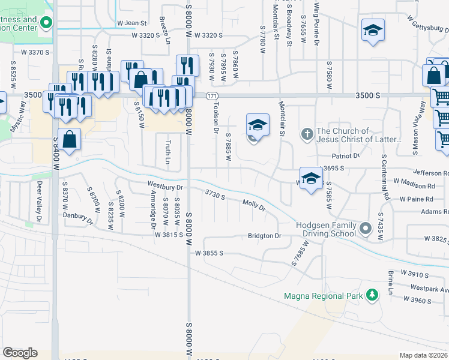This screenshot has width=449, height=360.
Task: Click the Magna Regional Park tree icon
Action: point(373,295)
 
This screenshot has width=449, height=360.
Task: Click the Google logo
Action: point(20,353)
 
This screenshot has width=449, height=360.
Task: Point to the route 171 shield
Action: point(211,96)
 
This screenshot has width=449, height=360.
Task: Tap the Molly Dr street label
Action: point(254,206)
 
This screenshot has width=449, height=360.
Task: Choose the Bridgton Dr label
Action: point(265,236)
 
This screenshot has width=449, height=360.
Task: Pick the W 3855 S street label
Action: point(209,253)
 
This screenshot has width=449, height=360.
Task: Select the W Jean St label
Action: point(132,23)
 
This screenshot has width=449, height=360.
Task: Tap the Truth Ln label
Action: point(167,152)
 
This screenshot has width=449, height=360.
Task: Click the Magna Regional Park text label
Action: point(324,296)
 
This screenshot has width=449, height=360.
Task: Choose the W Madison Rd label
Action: point(414,181)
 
